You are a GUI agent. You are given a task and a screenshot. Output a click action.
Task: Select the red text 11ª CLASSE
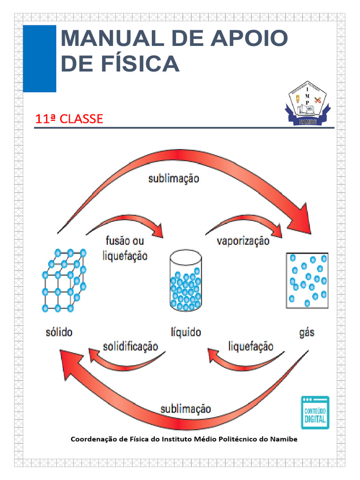[69, 119]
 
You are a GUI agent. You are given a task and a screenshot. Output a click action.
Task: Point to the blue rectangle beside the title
[39, 59]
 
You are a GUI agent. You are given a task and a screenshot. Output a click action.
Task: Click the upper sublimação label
[173, 179]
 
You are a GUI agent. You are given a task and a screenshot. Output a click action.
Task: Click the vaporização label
[243, 241]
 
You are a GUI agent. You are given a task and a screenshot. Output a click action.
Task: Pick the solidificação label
[130, 346]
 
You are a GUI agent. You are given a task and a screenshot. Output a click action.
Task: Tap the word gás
[306, 333]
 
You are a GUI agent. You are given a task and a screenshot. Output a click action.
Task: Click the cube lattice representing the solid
[64, 280]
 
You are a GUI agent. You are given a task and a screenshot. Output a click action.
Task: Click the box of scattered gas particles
[307, 280]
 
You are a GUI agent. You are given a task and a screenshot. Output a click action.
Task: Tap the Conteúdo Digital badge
[315, 412]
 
